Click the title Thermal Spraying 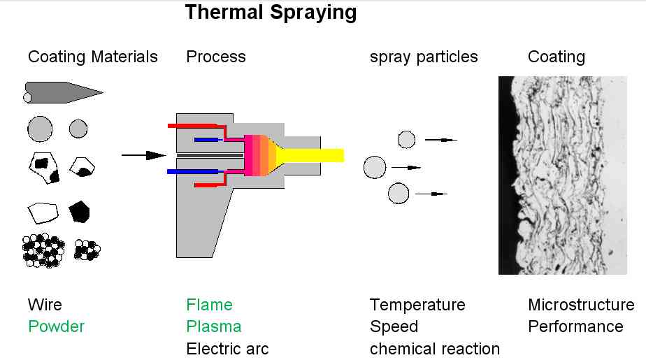click(271, 12)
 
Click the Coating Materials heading click(93, 57)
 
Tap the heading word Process click(216, 57)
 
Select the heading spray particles click(424, 57)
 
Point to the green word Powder click(56, 326)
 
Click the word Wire click(45, 305)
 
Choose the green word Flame click(209, 305)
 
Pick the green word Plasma click(213, 326)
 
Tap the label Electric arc click(227, 348)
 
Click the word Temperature click(417, 305)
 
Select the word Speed click(394, 326)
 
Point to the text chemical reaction click(435, 348)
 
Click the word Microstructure click(581, 305)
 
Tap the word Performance click(575, 326)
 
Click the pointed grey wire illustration click(63, 92)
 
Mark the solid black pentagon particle click(80, 211)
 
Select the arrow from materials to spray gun click(143, 155)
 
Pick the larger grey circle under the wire click(40, 129)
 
